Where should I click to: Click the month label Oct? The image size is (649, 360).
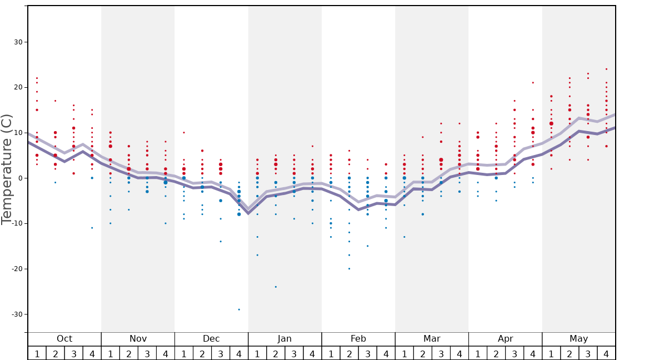64,339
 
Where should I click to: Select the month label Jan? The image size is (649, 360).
284,339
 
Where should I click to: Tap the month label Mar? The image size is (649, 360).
432,339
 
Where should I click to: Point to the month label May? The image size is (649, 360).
578,339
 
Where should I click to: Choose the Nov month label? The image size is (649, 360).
138,339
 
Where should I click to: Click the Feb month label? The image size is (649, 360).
358,339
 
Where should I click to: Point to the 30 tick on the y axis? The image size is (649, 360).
18,42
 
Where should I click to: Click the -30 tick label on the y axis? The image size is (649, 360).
17,314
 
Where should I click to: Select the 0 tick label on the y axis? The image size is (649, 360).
20,178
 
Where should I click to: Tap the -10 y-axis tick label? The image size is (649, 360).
17,224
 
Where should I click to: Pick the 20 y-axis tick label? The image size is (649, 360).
18,88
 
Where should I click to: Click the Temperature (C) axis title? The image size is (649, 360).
7,169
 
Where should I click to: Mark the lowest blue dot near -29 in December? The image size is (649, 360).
239,309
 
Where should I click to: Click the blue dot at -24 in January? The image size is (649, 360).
276,287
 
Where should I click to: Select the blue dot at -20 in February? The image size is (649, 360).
349,269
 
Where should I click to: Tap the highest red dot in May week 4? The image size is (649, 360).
606,69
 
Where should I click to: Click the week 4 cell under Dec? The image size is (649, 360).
239,353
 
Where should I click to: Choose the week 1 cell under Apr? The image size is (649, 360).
478,353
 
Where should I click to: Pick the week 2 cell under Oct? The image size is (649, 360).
55,353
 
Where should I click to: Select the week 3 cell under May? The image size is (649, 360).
588,353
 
